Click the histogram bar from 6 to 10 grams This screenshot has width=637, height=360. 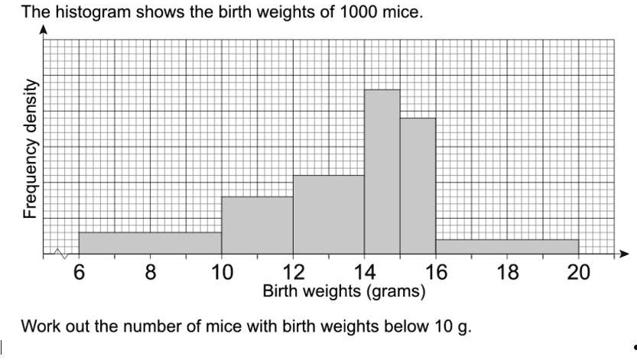click(x=150, y=243)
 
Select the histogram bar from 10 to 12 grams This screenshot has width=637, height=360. click(x=257, y=225)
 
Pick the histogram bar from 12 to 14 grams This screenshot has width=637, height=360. click(x=328, y=214)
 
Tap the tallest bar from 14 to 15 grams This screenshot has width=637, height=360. click(x=382, y=171)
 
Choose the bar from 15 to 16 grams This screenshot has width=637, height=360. click(x=418, y=186)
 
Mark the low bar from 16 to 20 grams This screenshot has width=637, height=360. click(x=506, y=246)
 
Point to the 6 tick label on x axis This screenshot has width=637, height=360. click(x=79, y=273)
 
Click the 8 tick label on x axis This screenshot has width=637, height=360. click(x=150, y=273)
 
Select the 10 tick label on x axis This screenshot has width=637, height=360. click(x=222, y=273)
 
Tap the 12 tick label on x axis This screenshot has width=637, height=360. click(x=293, y=273)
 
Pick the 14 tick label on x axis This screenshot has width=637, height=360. click(x=364, y=273)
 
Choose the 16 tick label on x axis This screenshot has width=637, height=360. click(x=436, y=273)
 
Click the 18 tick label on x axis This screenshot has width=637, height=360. click(x=507, y=273)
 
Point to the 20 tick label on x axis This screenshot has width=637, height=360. click(x=578, y=273)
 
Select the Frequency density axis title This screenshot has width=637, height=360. click(x=30, y=148)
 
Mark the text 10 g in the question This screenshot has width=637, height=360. click(x=453, y=327)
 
